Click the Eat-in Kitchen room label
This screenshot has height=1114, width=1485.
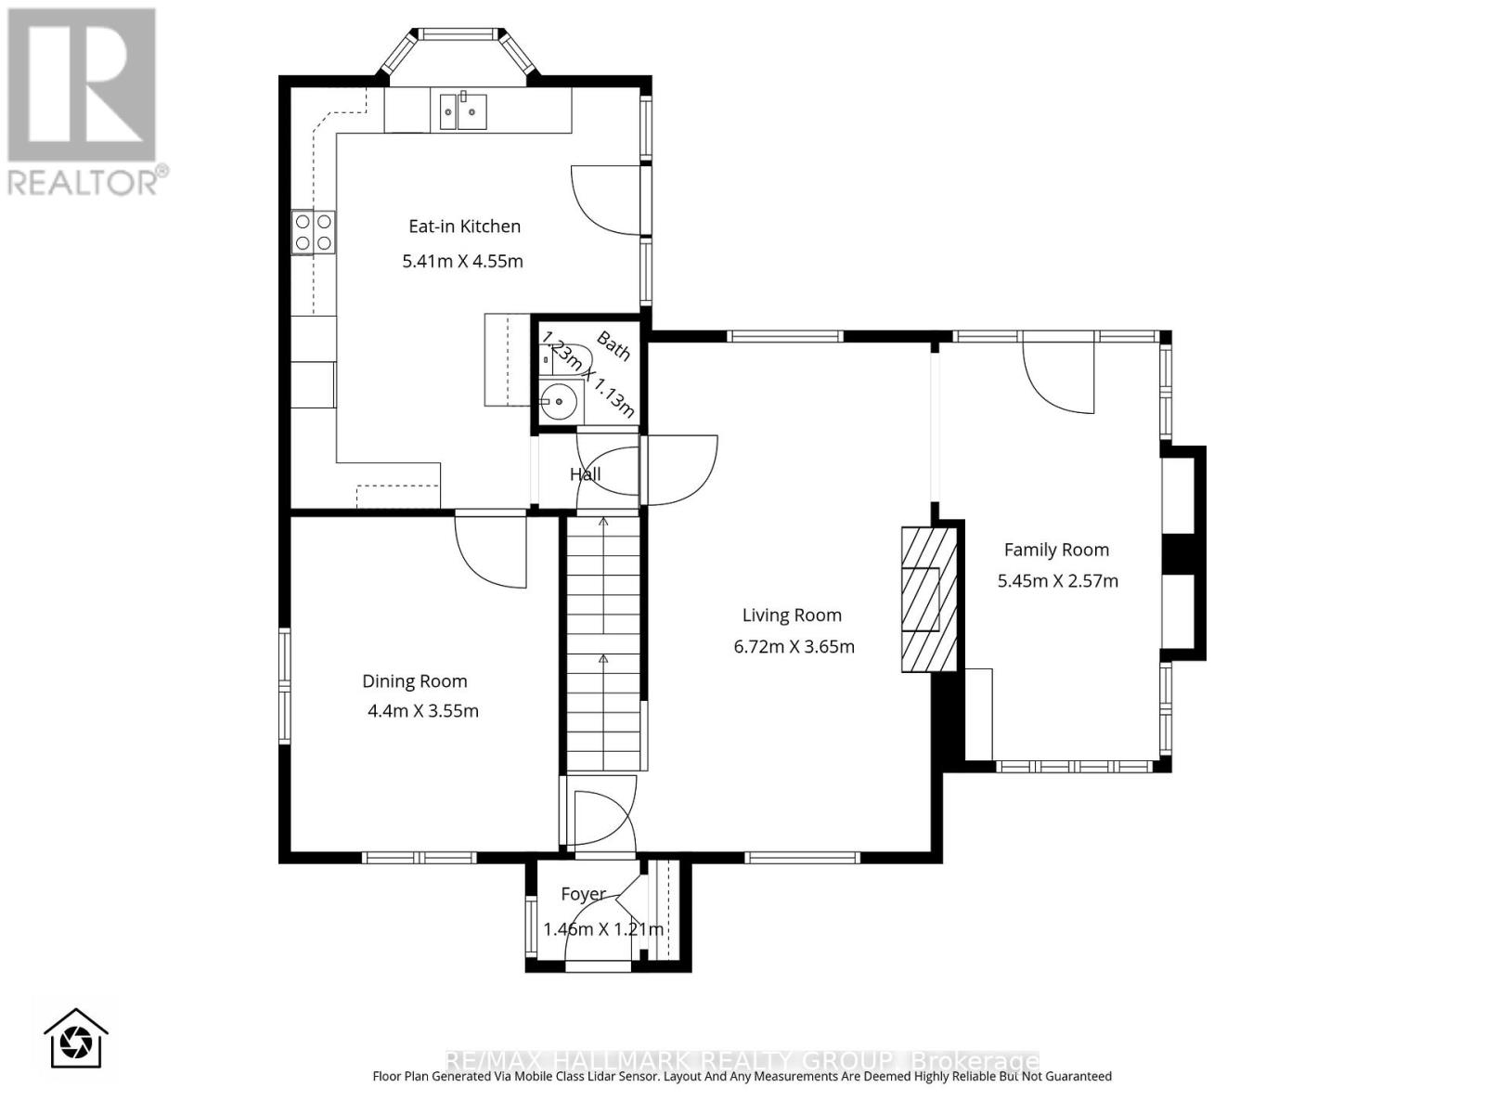(x=464, y=226)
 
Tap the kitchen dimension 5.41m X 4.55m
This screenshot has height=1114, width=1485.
(x=462, y=261)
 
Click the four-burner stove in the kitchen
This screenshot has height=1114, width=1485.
(x=313, y=232)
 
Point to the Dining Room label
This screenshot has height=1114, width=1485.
(x=414, y=680)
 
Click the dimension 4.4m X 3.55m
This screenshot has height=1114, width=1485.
(x=422, y=711)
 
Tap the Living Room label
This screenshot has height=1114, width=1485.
(x=792, y=615)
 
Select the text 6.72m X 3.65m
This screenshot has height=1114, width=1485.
(x=794, y=646)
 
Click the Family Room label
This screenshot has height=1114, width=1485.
(x=1056, y=550)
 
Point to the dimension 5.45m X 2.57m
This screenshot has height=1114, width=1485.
(x=1057, y=581)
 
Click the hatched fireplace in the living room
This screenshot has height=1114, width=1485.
(x=928, y=599)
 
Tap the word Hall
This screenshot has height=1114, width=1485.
(x=585, y=474)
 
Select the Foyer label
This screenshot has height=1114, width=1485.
(x=583, y=894)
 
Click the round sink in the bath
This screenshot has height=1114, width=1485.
(x=559, y=402)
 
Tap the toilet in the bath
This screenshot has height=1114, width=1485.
(x=566, y=357)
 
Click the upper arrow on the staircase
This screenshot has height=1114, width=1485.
(x=603, y=523)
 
